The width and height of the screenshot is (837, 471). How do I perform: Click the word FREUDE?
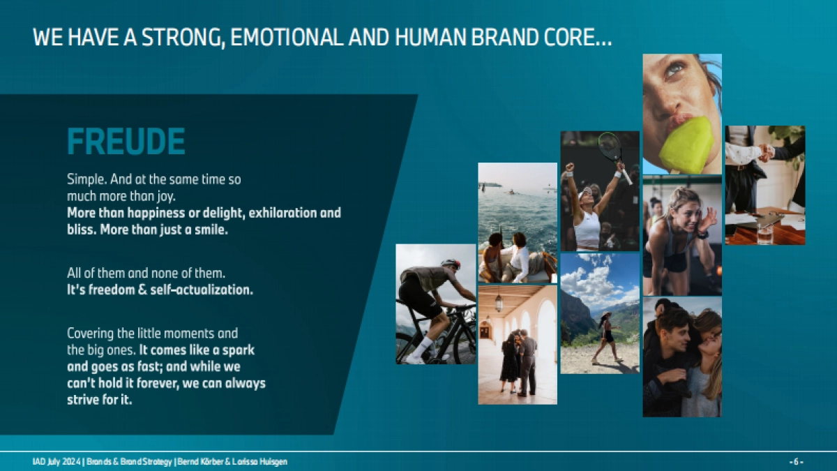pyautogui.click(x=126, y=141)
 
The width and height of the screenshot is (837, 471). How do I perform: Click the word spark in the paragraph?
pyautogui.click(x=239, y=350)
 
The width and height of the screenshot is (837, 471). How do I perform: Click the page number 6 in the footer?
pyautogui.click(x=796, y=462)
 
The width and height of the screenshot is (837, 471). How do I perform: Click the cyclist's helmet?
pyautogui.click(x=451, y=263)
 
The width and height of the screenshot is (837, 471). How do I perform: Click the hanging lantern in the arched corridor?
pyautogui.click(x=499, y=303)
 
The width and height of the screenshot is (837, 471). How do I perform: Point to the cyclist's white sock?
pyautogui.click(x=422, y=347)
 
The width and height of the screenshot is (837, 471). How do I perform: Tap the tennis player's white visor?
pyautogui.click(x=585, y=195)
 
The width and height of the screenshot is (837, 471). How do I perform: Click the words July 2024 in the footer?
pyautogui.click(x=63, y=462)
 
